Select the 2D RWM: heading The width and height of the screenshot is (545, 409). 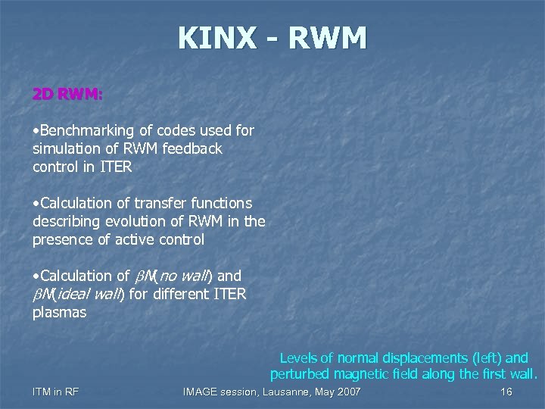pyautogui.click(x=68, y=95)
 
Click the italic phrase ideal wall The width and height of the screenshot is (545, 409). pyautogui.click(x=92, y=294)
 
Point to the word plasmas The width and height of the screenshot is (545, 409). pyautogui.click(x=59, y=312)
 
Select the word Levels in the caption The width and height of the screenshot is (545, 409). pyautogui.click(x=297, y=357)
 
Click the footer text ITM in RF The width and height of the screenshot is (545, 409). pyautogui.click(x=56, y=392)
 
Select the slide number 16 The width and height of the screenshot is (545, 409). pyautogui.click(x=506, y=392)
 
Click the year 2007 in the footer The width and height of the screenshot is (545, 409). pyautogui.click(x=347, y=392)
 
